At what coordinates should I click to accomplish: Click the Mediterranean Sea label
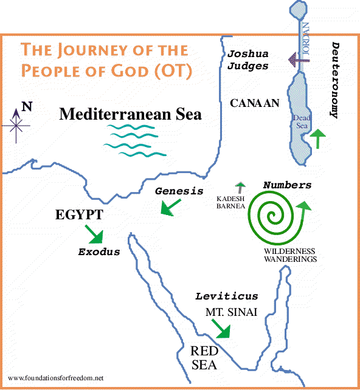[x=130, y=114]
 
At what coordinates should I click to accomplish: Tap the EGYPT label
[x=78, y=214]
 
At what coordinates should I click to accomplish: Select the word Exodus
[x=99, y=251]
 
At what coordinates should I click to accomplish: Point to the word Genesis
[x=178, y=191]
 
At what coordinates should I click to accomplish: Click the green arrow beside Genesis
[x=170, y=208]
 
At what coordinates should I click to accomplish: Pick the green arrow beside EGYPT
[x=95, y=233]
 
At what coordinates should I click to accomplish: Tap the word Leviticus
[x=226, y=296]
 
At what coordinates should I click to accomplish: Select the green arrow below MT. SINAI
[x=221, y=329]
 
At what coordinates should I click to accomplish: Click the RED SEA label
[x=204, y=357]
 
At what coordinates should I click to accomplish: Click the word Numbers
[x=288, y=185]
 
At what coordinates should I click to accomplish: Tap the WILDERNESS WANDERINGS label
[x=290, y=255]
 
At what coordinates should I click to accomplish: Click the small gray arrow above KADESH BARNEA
[x=240, y=187]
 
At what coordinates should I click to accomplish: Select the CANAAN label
[x=254, y=103]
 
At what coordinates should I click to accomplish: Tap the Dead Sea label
[x=301, y=121]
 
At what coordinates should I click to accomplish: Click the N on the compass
[x=26, y=108]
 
